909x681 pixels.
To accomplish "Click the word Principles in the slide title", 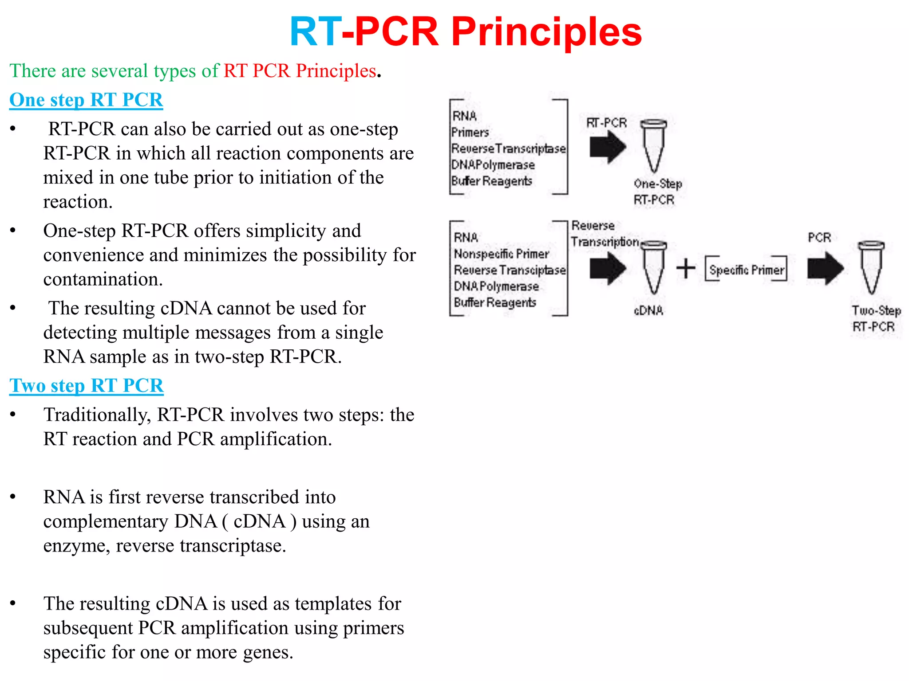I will pos(546,32).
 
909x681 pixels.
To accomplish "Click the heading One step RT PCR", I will pos(86,100).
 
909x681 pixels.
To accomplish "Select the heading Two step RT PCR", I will pos(87,385).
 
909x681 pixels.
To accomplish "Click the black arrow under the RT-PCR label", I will pos(608,147).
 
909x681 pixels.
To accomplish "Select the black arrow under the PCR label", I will pos(825,268).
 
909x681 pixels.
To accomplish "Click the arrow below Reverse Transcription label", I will pos(608,268).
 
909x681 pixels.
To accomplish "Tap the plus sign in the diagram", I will pos(686,268).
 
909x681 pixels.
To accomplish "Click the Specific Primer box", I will pos(746,269).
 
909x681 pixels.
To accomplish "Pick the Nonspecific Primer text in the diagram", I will pos(501,254).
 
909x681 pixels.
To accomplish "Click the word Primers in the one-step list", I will pos(470,132).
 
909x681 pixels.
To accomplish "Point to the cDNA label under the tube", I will pos(648,310).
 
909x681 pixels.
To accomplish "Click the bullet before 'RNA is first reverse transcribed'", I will pos(13,497).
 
